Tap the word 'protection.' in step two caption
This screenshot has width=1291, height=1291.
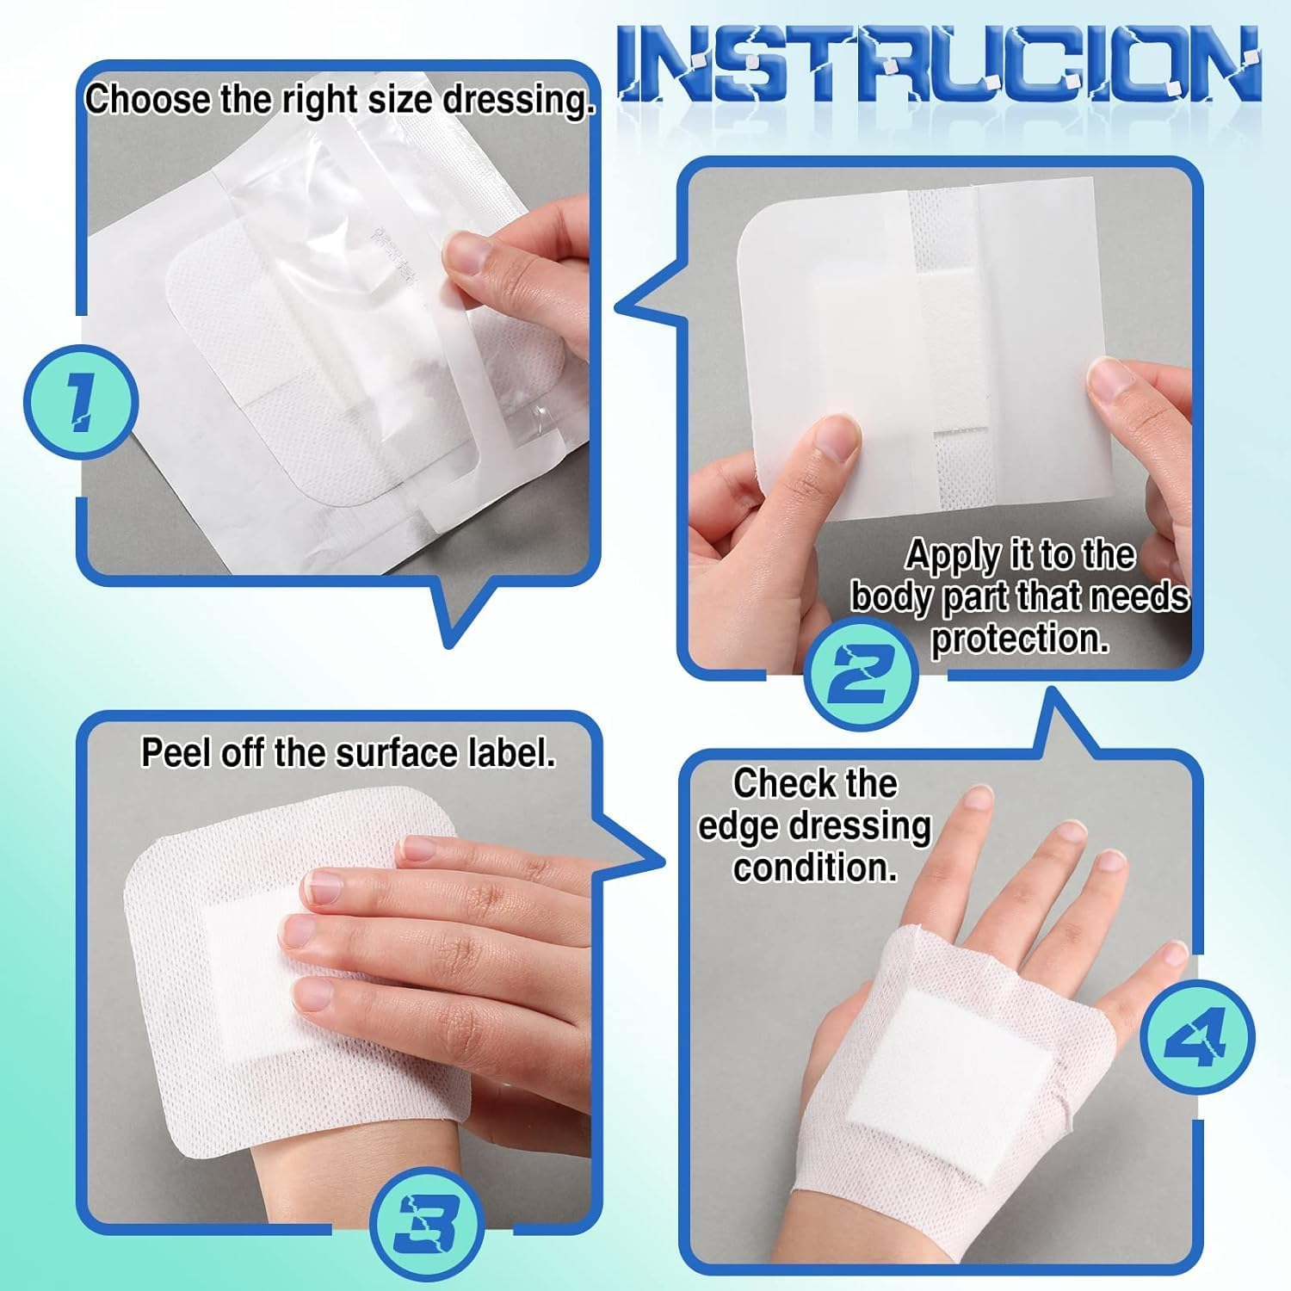(1020, 639)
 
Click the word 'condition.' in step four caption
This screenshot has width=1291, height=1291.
(814, 867)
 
